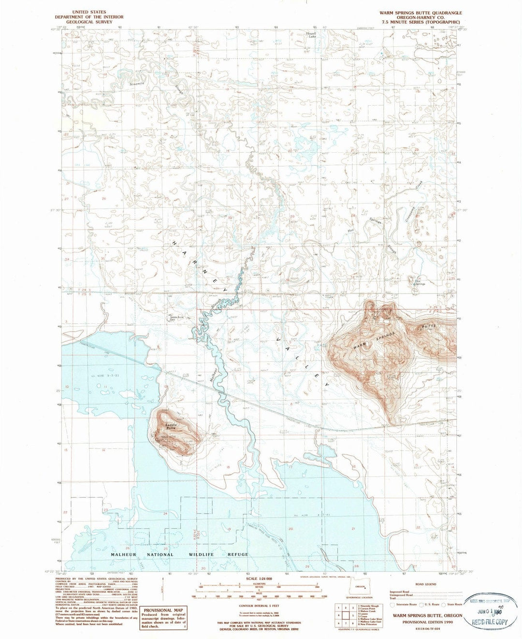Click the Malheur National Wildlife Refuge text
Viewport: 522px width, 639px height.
[179, 554]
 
